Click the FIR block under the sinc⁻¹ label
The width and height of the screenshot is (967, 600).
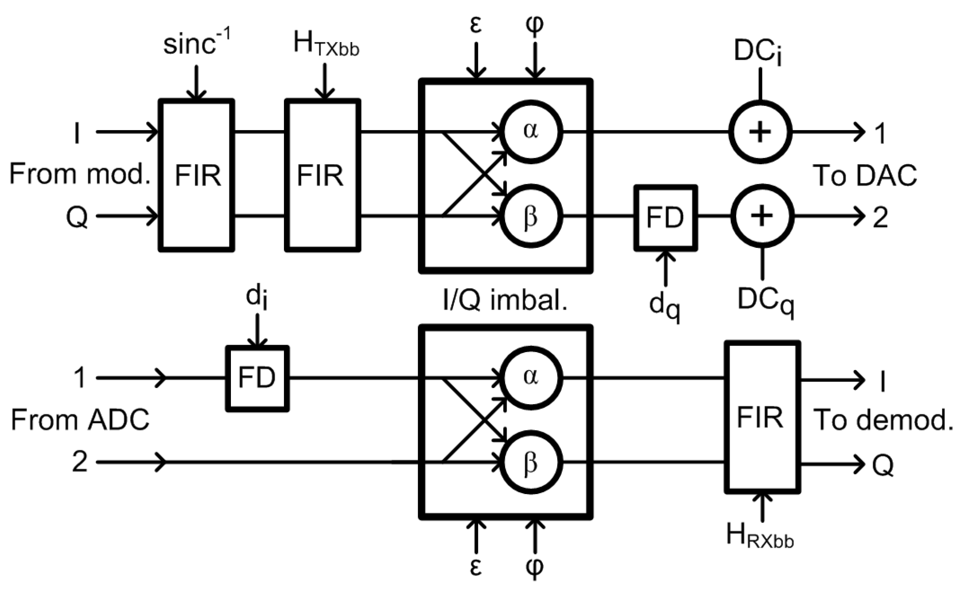(x=196, y=175)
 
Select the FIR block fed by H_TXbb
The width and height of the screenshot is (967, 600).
(x=322, y=175)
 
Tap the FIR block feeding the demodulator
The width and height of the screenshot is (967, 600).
(x=762, y=417)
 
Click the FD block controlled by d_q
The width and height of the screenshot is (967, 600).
(x=665, y=218)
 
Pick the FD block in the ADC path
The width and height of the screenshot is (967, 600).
(x=257, y=378)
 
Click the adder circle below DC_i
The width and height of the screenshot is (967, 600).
(x=760, y=131)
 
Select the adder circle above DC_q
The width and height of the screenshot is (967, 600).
(x=762, y=216)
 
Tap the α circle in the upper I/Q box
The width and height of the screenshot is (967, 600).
(x=531, y=131)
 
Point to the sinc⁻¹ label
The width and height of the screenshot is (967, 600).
(x=196, y=44)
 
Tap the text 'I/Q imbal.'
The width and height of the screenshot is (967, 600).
(x=505, y=301)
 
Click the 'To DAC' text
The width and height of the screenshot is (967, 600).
(x=864, y=176)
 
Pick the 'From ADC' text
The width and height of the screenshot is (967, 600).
(x=80, y=420)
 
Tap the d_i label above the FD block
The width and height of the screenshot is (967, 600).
(x=257, y=297)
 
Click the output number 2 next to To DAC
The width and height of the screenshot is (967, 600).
(x=880, y=218)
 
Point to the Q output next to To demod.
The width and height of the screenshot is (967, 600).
(x=882, y=465)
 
